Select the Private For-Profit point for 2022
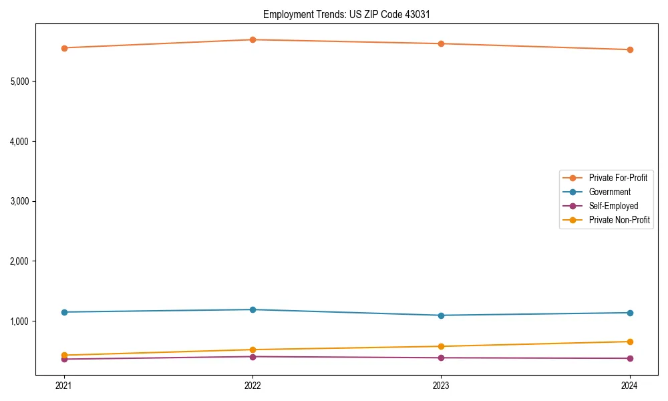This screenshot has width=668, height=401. pos(253,39)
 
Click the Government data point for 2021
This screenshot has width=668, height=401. pos(64,312)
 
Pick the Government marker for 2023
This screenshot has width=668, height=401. pos(442,315)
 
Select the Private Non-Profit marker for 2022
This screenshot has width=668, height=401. pos(253,350)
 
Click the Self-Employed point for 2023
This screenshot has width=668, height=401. pos(442,358)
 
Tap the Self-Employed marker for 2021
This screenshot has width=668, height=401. pos(64,359)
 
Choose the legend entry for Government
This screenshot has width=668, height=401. pos(609,192)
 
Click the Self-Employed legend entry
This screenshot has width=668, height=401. pos(613,206)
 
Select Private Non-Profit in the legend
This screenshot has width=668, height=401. pos(619,220)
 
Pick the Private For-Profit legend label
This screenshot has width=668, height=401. pos(618,178)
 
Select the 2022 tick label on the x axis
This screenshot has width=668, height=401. pos(253,386)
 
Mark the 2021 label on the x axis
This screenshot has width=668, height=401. pos(64,386)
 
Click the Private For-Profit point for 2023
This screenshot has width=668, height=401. pos(442,43)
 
